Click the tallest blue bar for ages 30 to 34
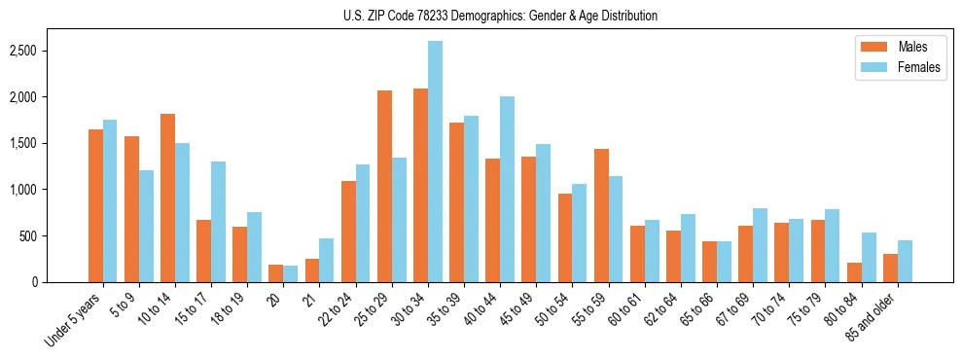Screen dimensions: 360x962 tap(435, 161)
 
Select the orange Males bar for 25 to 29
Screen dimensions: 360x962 tap(384, 186)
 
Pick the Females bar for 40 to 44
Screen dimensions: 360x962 tap(507, 189)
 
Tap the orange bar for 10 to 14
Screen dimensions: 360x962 tap(167, 198)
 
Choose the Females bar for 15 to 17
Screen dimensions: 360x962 tap(218, 222)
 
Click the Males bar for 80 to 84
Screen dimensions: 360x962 tap(853, 272)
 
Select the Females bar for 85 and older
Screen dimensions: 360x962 tap(905, 261)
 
